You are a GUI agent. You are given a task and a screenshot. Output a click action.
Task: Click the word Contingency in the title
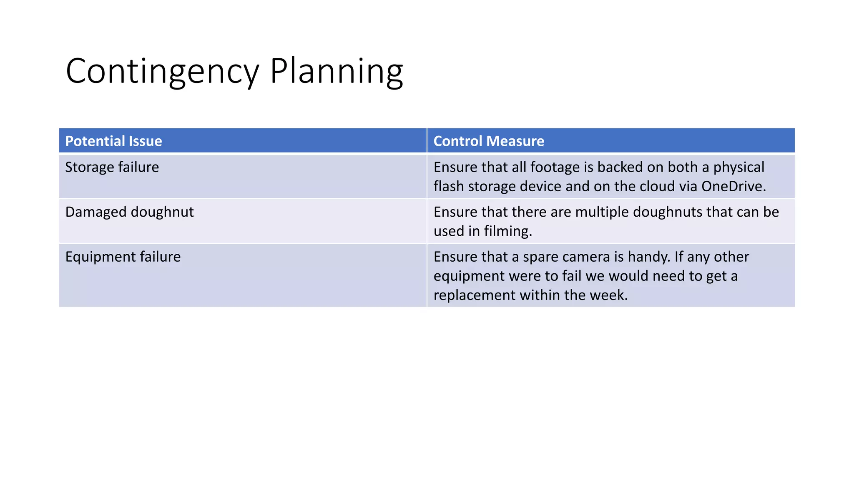pyautogui.click(x=163, y=72)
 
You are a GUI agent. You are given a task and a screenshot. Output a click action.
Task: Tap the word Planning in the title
pyautogui.click(x=336, y=72)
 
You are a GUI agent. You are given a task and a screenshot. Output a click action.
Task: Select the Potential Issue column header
pyautogui.click(x=113, y=141)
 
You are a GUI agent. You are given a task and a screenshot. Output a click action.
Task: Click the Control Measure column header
pyautogui.click(x=489, y=141)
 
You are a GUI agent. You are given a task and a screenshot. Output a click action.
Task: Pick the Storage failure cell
pyautogui.click(x=112, y=167)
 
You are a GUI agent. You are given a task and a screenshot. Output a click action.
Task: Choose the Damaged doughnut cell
pyautogui.click(x=129, y=212)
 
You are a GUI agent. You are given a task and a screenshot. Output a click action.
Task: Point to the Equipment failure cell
pyautogui.click(x=123, y=257)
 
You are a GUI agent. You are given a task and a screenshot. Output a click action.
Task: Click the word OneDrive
pyautogui.click(x=733, y=186)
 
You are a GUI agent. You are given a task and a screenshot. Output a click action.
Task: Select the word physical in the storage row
pyautogui.click(x=738, y=167)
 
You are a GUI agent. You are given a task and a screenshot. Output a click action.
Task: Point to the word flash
pyautogui.click(x=449, y=186)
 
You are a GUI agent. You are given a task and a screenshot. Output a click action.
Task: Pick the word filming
pyautogui.click(x=508, y=231)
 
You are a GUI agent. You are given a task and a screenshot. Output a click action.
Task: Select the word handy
pyautogui.click(x=649, y=257)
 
